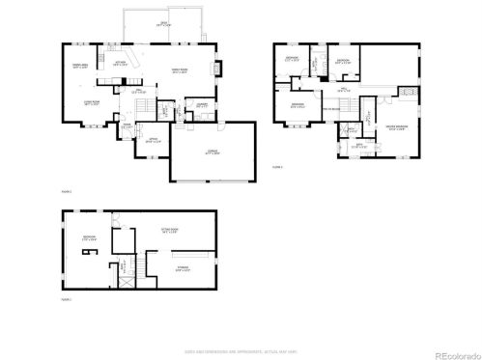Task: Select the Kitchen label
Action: (x=121, y=64)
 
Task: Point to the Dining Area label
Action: (x=81, y=66)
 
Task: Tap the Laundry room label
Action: (x=202, y=105)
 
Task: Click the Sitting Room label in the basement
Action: (x=171, y=231)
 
